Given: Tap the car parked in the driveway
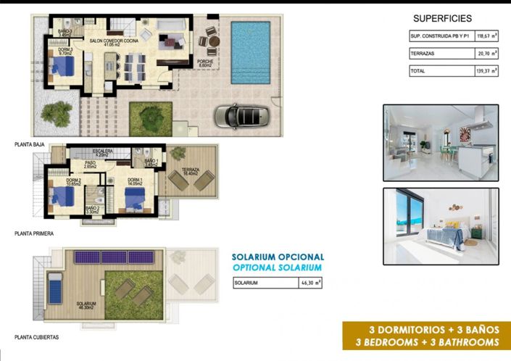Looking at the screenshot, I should (242, 115).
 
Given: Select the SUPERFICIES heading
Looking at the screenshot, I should (442, 18).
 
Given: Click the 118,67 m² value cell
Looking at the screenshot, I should (483, 35).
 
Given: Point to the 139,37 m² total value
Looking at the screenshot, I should (483, 72).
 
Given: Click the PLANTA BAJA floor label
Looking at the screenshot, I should (30, 145).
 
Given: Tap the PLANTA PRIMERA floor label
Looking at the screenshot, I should (34, 234).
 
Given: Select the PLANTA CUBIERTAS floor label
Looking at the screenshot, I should (36, 337).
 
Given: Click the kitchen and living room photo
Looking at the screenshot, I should (440, 143).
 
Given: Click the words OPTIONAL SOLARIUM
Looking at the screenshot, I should (278, 267).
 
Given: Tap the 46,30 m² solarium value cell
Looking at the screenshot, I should (310, 283).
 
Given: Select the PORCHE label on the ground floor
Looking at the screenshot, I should (205, 63).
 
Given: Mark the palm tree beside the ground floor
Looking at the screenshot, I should (57, 111).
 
